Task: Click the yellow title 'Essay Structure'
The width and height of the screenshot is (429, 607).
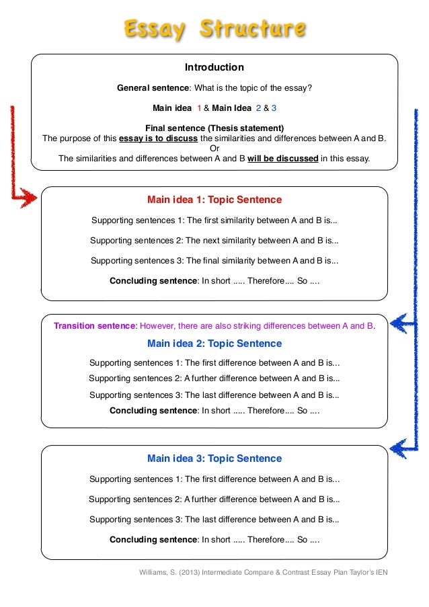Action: coord(214,28)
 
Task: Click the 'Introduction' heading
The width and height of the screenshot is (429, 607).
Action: coord(214,67)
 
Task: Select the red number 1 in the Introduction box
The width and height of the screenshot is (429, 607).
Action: coord(199,108)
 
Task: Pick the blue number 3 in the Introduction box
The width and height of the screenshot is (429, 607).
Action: coord(274,108)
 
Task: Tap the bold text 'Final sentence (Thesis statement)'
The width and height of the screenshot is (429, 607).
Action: coord(214,128)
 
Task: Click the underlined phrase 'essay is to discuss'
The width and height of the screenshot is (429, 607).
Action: coord(159,138)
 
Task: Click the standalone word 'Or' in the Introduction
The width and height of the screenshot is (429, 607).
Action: coord(214,149)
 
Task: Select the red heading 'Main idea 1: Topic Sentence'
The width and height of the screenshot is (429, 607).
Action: coord(214,200)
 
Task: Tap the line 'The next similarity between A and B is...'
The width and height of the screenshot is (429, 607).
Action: coord(262,240)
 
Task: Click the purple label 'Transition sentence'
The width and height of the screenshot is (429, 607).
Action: coord(95,326)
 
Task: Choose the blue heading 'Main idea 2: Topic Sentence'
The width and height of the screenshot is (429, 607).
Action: coord(214,343)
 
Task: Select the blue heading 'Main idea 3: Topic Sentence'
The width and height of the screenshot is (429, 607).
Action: coord(214,458)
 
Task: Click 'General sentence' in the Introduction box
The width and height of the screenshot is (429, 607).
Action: coord(153,88)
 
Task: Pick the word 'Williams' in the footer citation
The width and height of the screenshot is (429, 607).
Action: coord(155,572)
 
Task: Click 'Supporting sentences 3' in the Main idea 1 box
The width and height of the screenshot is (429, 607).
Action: coord(137,261)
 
